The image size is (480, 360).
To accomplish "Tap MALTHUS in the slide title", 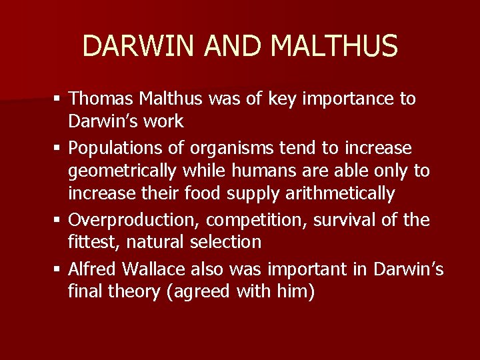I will point(335,46).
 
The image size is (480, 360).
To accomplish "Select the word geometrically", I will point(122,171).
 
